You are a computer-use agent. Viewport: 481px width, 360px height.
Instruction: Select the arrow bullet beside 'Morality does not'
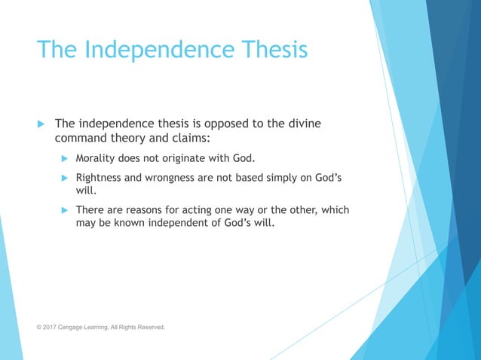[64, 159]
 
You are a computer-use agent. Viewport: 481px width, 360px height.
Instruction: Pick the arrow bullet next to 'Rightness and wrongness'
[64, 178]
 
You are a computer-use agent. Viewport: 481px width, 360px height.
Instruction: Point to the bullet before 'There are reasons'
[64, 210]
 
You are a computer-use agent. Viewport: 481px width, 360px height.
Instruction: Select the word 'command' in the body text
[81, 139]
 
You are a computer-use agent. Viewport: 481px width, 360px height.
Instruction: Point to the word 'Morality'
[98, 159]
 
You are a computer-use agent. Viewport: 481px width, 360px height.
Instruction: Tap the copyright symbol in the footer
[40, 328]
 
